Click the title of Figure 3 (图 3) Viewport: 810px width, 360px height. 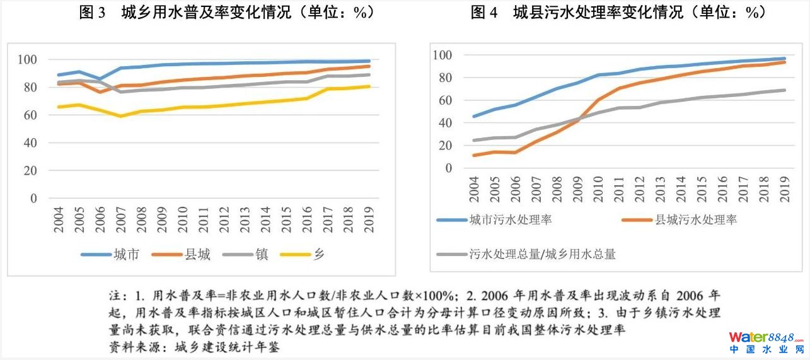[x=226, y=13]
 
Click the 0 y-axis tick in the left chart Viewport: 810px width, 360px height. [x=34, y=199]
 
